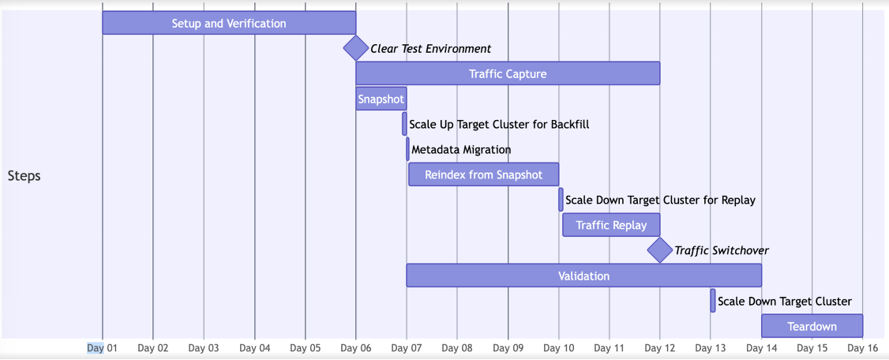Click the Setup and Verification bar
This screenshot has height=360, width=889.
(x=229, y=23)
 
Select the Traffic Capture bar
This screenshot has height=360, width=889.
(x=508, y=73)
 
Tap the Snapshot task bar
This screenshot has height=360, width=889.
(x=381, y=99)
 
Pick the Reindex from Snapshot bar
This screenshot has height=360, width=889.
(x=483, y=174)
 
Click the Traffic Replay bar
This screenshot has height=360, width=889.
(x=611, y=225)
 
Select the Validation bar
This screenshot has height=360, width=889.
(x=583, y=276)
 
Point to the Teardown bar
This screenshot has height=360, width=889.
(x=812, y=326)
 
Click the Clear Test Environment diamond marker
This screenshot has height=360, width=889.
(x=356, y=48)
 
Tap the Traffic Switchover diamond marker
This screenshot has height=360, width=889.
(x=659, y=250)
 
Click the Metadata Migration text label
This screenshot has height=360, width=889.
(x=461, y=149)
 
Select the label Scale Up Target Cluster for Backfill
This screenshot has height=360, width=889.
(x=499, y=124)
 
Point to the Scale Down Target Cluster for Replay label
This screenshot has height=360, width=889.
(x=660, y=200)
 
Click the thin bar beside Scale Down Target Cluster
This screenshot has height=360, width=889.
(x=713, y=301)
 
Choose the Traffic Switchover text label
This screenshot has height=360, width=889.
(x=721, y=250)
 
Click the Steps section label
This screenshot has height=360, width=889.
(x=24, y=175)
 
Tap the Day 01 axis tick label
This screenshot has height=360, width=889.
(x=102, y=347)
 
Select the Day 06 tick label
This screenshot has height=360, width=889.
(x=356, y=347)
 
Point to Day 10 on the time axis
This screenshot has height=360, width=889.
(x=559, y=347)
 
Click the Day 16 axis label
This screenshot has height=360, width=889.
(x=862, y=347)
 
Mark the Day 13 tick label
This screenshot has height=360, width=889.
(x=711, y=347)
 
